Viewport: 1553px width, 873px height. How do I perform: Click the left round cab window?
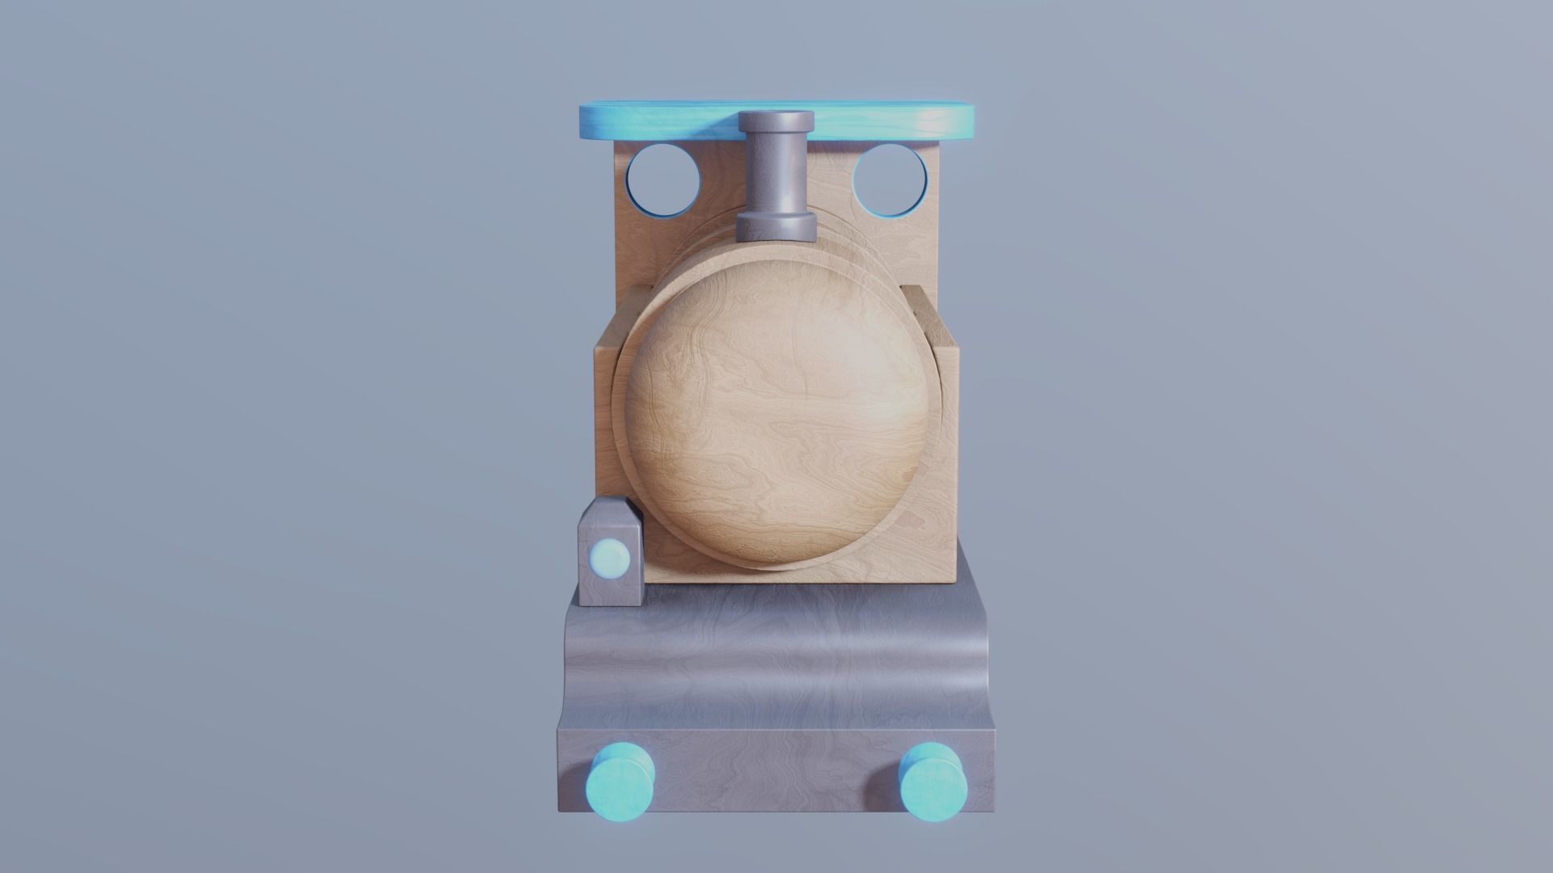click(663, 179)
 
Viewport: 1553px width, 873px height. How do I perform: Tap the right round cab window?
click(890, 179)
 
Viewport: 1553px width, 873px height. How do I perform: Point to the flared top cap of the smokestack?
click(776, 121)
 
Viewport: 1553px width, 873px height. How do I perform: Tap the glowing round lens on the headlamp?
click(610, 558)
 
